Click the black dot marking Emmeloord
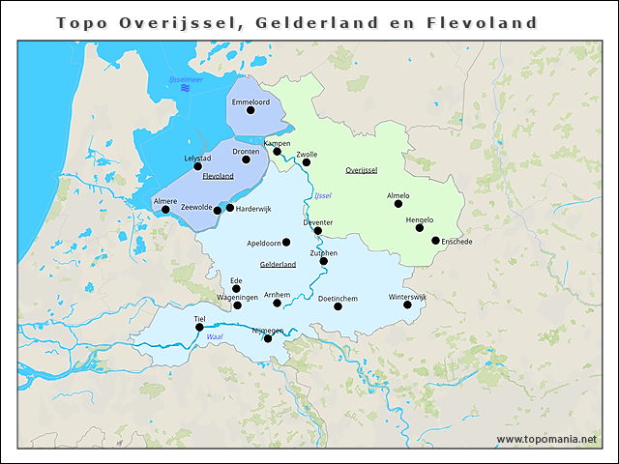point(251,110)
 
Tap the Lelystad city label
point(196,159)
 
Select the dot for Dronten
point(246,159)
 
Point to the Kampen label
point(277,143)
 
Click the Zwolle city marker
point(307,162)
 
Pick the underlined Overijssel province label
point(361,170)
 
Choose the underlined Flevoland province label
point(218,177)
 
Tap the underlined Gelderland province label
point(278,264)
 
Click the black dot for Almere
point(165,210)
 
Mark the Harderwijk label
point(253,208)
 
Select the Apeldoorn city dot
point(286,243)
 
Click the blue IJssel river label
point(323,197)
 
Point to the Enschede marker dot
point(435,241)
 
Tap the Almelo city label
point(398,195)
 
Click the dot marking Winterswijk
point(407,304)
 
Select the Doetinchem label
point(338,298)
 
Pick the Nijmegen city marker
point(268,338)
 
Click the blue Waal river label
point(215,336)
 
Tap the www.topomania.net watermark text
point(546,439)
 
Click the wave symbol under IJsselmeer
point(186,89)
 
